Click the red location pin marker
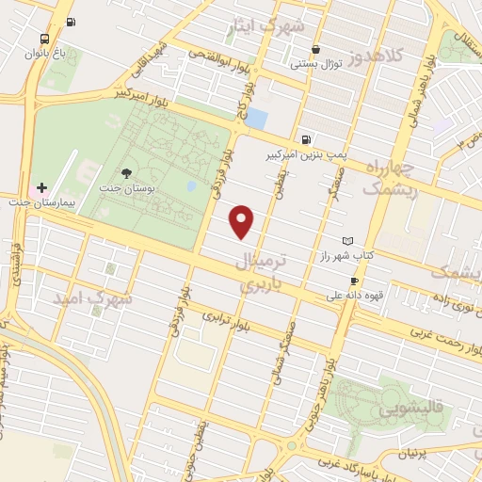(x=243, y=221)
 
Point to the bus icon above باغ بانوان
(x=44, y=39)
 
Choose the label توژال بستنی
(x=314, y=65)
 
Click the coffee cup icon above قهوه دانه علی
(x=354, y=281)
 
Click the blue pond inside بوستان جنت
(x=192, y=185)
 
